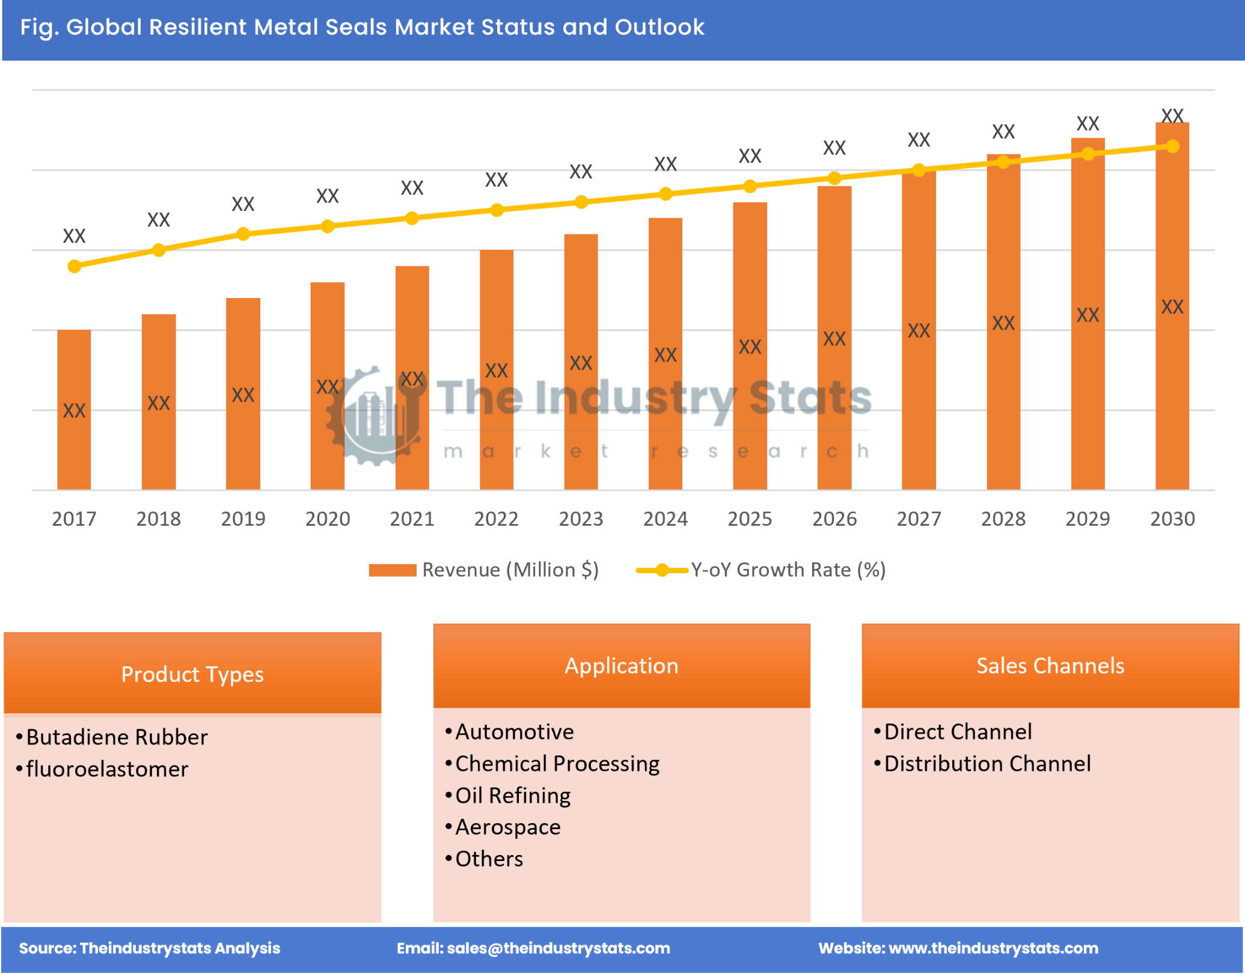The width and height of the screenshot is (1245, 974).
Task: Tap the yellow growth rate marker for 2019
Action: point(243,234)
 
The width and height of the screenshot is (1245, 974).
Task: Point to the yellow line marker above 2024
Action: point(665,194)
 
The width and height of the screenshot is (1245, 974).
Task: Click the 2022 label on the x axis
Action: point(496,519)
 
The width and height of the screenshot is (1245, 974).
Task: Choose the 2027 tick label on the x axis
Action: point(918,519)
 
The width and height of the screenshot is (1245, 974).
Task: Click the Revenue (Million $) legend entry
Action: point(484,570)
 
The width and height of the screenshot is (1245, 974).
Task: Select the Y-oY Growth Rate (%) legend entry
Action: point(761,570)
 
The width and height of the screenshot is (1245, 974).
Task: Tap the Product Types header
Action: point(192,674)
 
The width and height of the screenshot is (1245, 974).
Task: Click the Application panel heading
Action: point(621,666)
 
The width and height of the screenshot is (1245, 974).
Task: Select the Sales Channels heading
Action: point(1050,666)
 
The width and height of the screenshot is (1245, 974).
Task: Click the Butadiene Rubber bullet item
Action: point(117,737)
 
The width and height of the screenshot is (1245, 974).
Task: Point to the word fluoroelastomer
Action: point(107,770)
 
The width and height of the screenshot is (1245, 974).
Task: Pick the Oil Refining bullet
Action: point(512,796)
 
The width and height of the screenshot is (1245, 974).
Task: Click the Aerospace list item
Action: point(507,827)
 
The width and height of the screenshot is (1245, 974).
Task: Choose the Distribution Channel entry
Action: point(987,764)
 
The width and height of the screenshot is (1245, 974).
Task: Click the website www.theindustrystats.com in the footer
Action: point(993,948)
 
